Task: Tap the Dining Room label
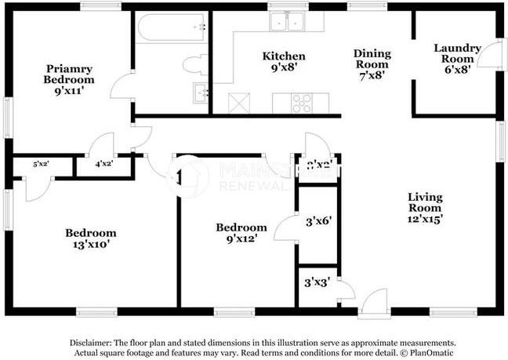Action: tap(372, 59)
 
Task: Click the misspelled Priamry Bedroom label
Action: tap(69, 74)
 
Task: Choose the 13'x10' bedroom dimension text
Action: tap(91, 244)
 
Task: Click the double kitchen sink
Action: tap(286, 23)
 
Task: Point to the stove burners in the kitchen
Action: tap(302, 101)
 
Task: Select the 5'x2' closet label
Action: tap(41, 165)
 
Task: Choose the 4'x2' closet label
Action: tap(103, 165)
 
